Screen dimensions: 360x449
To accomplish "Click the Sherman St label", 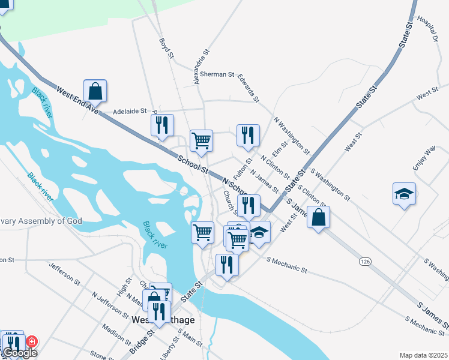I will tap(217, 74).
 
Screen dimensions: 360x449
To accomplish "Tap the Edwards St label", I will tap(248, 88).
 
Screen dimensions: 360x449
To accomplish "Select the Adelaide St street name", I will tap(130, 112).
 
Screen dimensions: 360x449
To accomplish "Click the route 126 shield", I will tap(365, 262).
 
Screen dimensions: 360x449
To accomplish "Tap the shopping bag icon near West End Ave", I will tap(95, 91).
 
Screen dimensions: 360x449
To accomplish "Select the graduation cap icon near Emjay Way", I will tap(404, 194).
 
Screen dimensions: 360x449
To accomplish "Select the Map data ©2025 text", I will tap(423, 355).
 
